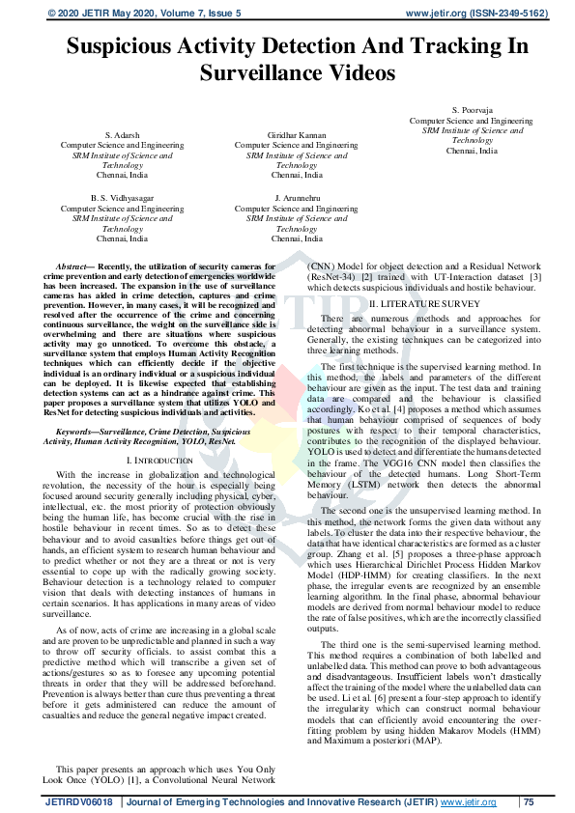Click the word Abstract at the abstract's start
[72, 264]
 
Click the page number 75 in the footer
[530, 801]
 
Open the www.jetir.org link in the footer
[469, 801]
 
